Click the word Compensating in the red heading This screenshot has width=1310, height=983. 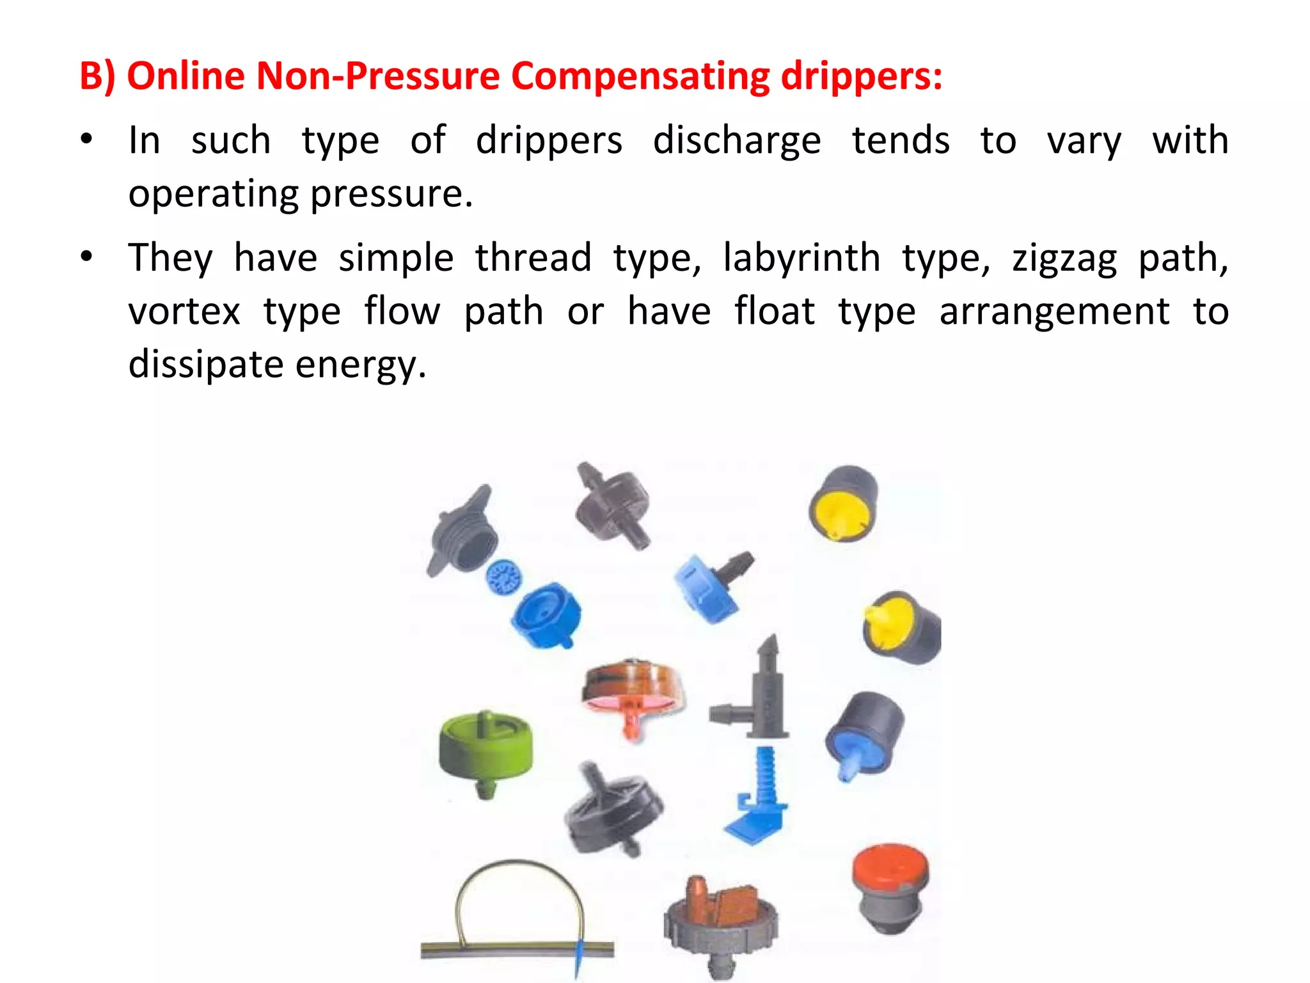tap(640, 77)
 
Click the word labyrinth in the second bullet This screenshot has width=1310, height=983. tap(801, 259)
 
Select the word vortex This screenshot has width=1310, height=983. tap(184, 312)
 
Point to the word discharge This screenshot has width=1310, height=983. tap(737, 141)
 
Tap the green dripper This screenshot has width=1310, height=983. tap(485, 749)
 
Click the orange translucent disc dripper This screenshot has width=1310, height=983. tap(632, 694)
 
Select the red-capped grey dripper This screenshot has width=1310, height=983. tap(890, 886)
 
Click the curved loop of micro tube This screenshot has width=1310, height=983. tap(518, 896)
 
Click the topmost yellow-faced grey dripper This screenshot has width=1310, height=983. tap(843, 502)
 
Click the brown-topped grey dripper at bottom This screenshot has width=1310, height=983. tap(721, 922)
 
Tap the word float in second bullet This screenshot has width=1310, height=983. tap(774, 312)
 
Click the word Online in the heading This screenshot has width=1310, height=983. tap(185, 77)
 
